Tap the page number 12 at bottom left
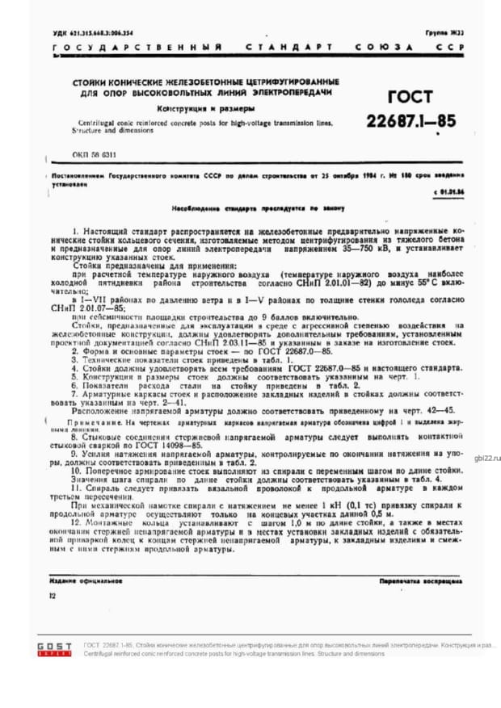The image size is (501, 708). [x=53, y=596]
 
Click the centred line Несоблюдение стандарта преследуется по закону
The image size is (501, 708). [x=255, y=207]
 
